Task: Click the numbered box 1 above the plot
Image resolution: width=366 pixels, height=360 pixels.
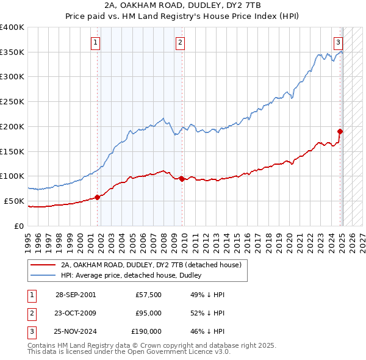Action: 96,42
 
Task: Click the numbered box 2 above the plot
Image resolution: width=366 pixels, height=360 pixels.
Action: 181,42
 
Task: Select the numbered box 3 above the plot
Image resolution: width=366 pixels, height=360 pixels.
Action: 338,42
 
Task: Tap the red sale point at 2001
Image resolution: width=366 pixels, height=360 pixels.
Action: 98,197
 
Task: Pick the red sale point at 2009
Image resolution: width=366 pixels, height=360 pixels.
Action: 182,178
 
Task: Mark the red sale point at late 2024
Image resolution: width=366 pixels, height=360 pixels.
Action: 340,131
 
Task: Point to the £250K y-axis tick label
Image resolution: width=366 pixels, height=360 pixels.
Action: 12,101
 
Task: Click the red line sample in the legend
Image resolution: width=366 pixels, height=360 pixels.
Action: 43,265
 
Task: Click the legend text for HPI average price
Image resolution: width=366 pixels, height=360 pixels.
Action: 134,275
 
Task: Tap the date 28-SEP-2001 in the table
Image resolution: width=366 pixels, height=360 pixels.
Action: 75,295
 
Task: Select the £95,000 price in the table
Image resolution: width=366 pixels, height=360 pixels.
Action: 148,313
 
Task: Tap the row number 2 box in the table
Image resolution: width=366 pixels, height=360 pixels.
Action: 30,313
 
